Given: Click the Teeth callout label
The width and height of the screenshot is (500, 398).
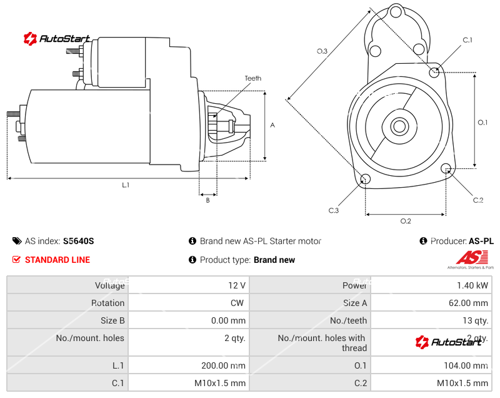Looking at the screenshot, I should [253, 78].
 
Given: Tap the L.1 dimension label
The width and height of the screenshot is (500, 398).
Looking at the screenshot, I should [126, 185].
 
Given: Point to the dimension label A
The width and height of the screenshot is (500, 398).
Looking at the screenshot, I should [272, 125].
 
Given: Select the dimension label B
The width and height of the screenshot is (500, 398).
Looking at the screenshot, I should [208, 200].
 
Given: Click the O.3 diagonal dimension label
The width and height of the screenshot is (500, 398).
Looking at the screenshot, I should [322, 51].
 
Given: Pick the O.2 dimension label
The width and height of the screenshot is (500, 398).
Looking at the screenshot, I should [406, 221].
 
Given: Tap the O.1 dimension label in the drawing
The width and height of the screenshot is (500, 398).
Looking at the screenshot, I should [482, 123].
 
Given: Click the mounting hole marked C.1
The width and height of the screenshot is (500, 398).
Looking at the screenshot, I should [435, 72].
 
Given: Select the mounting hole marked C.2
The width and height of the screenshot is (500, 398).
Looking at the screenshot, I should [446, 168].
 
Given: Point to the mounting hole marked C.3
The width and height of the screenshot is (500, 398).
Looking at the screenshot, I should [366, 180].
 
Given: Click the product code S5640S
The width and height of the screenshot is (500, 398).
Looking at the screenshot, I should [79, 241].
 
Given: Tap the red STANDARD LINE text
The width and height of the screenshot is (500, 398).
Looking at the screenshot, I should [57, 260].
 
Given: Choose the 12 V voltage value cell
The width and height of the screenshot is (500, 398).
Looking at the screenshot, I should [237, 285].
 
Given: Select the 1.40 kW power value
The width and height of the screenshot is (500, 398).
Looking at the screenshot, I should [476, 285].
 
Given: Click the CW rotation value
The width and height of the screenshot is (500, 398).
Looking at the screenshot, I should [239, 303].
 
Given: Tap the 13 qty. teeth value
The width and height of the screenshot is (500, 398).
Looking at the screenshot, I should [474, 320].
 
